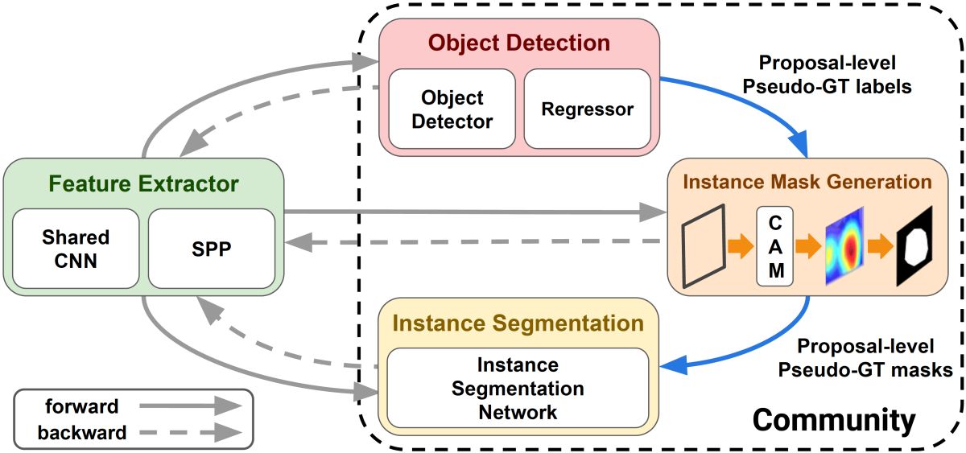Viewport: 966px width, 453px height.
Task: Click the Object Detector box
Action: point(452,109)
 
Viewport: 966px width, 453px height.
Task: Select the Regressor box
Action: point(587,109)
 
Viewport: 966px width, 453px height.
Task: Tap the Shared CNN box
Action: point(76,249)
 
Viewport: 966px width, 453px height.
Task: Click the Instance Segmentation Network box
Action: point(517,389)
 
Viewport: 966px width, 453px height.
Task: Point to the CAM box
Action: point(775,246)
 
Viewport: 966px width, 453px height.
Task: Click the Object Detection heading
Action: point(518,43)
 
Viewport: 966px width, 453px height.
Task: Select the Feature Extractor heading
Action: point(143,184)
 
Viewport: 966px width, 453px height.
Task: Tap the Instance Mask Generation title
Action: point(807,182)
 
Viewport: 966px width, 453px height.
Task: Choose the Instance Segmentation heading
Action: point(518,323)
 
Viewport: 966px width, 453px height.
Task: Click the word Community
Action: point(833,420)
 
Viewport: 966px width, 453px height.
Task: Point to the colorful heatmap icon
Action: point(844,247)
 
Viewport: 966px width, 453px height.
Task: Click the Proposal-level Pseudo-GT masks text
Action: point(865,359)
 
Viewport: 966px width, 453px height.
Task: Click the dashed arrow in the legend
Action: point(190,433)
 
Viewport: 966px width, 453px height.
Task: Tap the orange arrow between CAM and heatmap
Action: point(807,247)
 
